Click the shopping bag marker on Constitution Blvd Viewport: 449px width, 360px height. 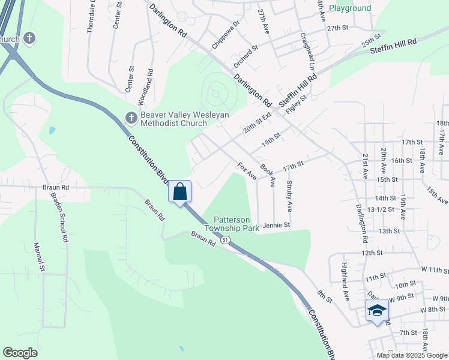coord(180,192)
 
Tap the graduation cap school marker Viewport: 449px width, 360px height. coord(377,310)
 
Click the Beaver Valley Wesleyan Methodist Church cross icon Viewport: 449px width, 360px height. coord(130,118)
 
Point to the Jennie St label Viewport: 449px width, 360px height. coord(277,225)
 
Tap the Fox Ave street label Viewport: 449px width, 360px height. coord(247,172)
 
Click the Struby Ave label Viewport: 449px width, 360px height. coord(289,196)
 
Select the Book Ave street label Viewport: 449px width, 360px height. coord(268,174)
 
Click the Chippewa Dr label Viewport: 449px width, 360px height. coord(226,34)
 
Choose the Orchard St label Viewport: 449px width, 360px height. coord(246,55)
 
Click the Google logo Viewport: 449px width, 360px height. coord(20,353)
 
